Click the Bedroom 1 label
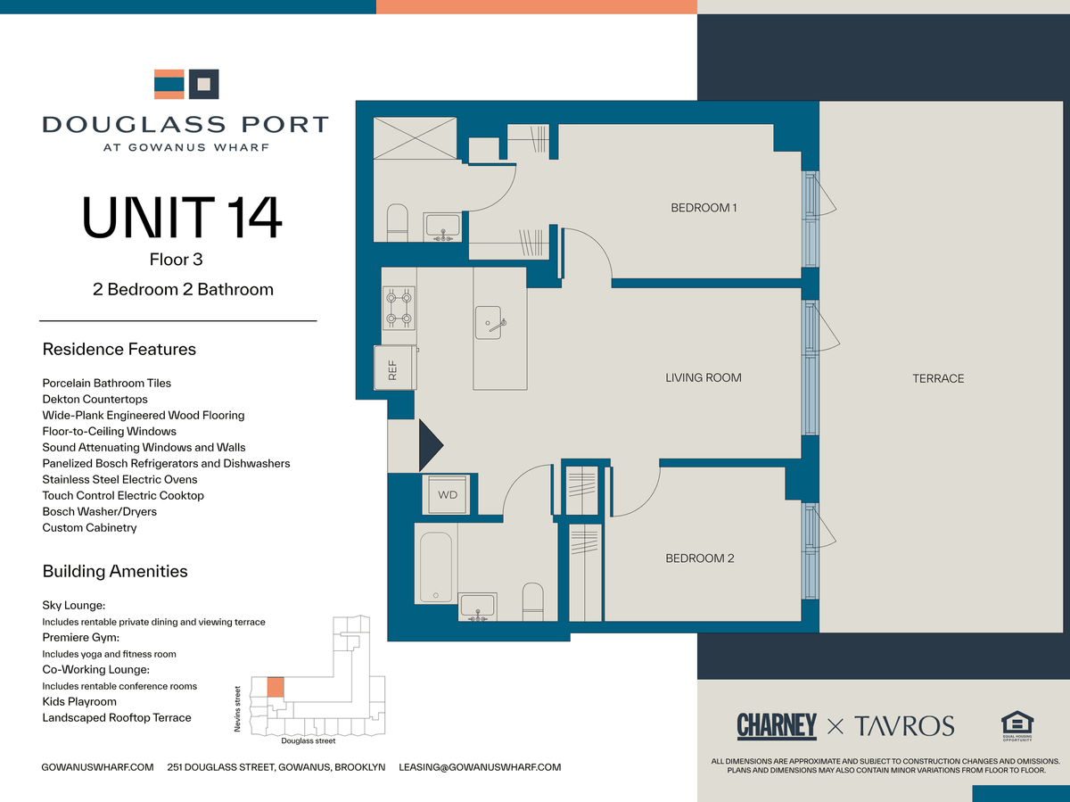(x=704, y=208)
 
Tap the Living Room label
(x=704, y=377)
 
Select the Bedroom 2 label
(x=700, y=558)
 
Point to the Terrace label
(x=938, y=378)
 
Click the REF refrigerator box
(x=395, y=368)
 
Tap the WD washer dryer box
(x=447, y=495)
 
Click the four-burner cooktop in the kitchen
(x=399, y=308)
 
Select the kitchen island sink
(x=489, y=323)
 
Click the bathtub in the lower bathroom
(x=436, y=567)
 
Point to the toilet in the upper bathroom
(x=398, y=223)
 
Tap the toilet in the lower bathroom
(x=532, y=601)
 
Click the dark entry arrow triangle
(x=431, y=445)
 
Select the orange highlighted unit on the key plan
(x=276, y=687)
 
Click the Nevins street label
(x=237, y=709)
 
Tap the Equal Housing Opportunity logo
(x=1017, y=726)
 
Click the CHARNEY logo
(x=777, y=726)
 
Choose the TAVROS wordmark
(x=904, y=726)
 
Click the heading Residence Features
(x=119, y=349)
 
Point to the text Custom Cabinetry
(x=89, y=527)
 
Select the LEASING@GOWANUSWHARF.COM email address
(x=480, y=767)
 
